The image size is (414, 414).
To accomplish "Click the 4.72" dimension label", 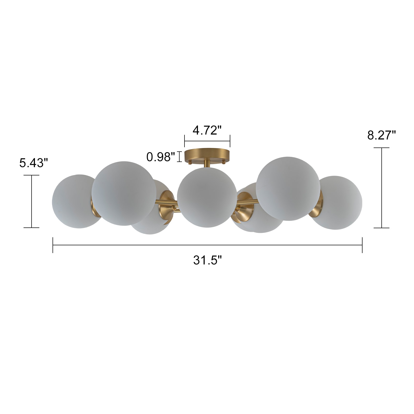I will [207, 130].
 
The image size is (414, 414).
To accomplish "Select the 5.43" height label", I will [34, 163].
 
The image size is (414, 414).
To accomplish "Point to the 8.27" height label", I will [381, 135].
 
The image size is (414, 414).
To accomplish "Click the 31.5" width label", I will [208, 260].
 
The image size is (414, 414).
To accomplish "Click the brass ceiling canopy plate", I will [207, 154].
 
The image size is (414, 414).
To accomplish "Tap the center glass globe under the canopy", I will [206, 197].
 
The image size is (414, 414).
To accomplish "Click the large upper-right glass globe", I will [288, 188].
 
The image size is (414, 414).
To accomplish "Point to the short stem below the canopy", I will [207, 164].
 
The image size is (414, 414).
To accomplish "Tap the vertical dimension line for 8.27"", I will [382, 188].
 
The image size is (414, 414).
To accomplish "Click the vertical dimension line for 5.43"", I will [32, 201].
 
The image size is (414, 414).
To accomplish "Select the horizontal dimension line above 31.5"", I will [207, 245].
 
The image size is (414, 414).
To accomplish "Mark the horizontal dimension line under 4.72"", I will [207, 141].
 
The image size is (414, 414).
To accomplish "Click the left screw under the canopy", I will [190, 162].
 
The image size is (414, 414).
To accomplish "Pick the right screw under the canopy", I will [224, 162].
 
